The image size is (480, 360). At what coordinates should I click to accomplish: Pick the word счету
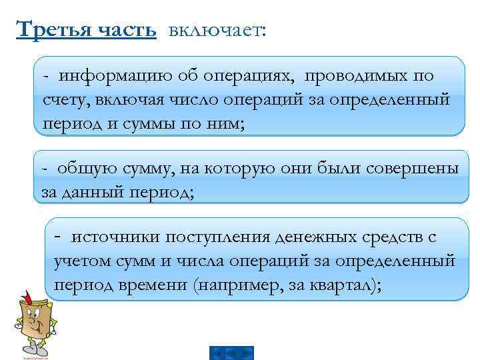point(62,100)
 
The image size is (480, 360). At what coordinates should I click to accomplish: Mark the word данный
point(93,192)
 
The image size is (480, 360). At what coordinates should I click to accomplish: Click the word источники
point(115,237)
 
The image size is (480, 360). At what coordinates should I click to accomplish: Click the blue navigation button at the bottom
point(231,353)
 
